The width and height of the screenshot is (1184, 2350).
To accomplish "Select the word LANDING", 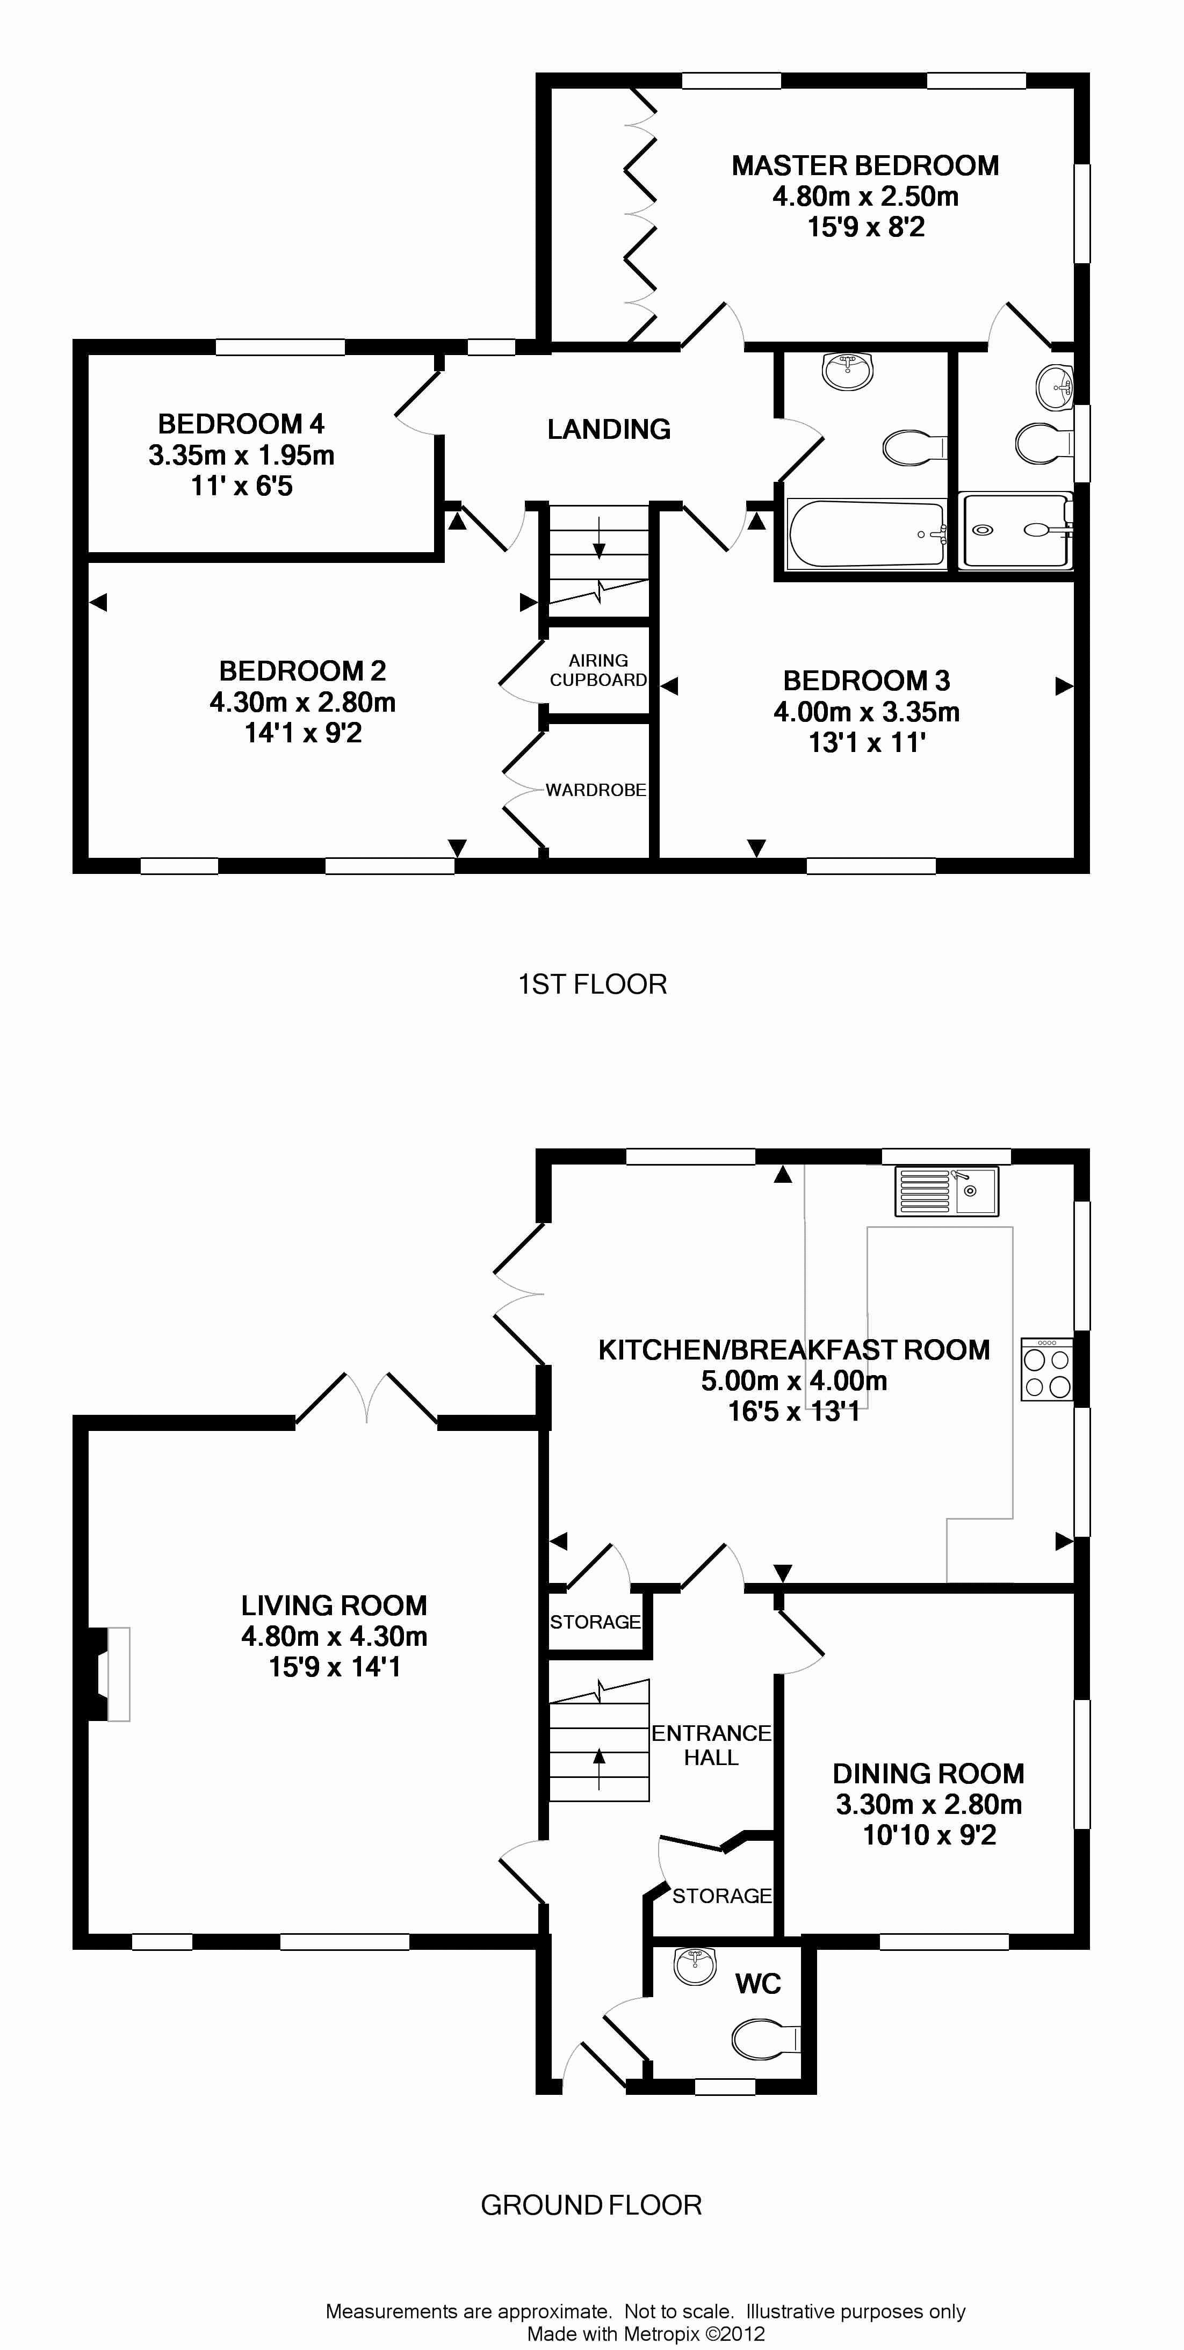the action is coord(609,429).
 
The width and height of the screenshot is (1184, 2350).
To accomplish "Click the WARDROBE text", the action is coord(596,790).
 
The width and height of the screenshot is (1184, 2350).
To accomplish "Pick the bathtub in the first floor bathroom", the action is coord(865,534).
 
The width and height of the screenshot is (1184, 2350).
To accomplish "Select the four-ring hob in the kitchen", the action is coord(1047,1369).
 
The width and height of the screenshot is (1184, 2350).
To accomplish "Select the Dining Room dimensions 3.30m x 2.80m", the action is coord(929,1804).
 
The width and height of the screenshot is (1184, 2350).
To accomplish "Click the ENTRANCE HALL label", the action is coord(711,1745).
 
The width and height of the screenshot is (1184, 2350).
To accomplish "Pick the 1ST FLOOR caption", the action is coord(593,985).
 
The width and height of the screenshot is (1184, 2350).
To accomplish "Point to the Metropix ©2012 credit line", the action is coord(646,2333).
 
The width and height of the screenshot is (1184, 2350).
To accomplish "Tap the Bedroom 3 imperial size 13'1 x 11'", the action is coord(867,742).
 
